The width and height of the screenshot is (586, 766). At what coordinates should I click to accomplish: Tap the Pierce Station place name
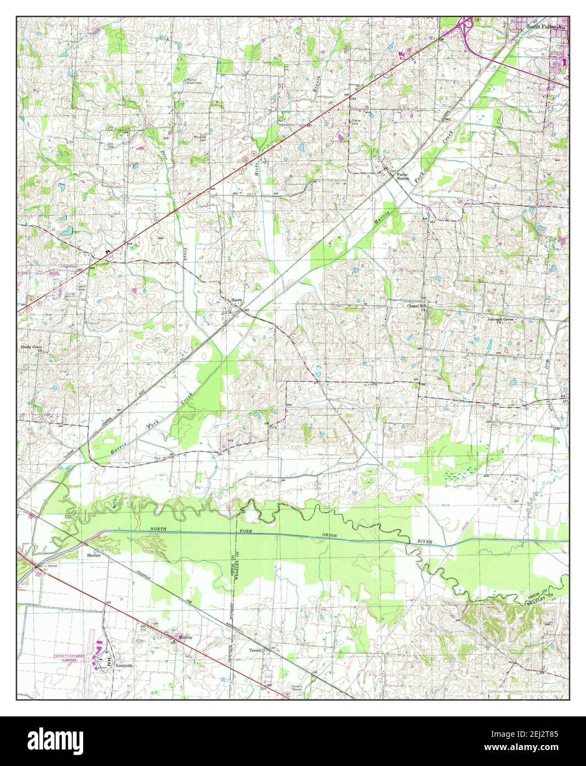403,176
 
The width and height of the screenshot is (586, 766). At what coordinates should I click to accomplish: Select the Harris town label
236,300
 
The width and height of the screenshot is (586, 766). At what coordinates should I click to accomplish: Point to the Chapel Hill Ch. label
416,307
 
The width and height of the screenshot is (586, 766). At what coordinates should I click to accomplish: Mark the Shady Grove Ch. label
32,349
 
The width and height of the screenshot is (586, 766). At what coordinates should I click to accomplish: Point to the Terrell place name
270,650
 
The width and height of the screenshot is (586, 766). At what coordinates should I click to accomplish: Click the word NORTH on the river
157,530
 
